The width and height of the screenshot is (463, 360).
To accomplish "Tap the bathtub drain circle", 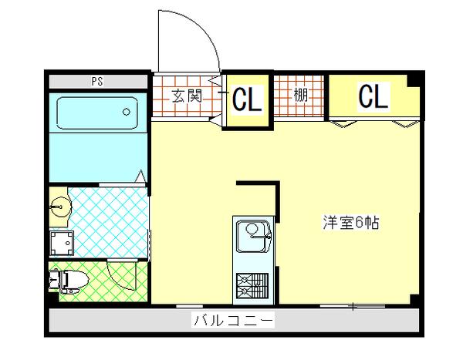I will (126, 112).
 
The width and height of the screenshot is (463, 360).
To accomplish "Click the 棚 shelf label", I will (300, 97).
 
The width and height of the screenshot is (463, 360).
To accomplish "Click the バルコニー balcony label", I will (232, 319).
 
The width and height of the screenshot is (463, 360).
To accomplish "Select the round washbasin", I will (59, 207).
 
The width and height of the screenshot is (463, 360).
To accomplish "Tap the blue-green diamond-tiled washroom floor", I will (108, 220).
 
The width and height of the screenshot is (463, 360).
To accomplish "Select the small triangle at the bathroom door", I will (140, 177).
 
